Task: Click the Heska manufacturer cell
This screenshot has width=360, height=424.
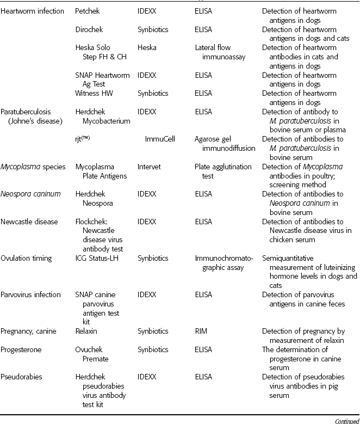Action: coord(147,48)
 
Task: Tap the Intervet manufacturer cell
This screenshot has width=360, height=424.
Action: coord(149,167)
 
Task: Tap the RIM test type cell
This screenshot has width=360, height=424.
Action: coord(201,330)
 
